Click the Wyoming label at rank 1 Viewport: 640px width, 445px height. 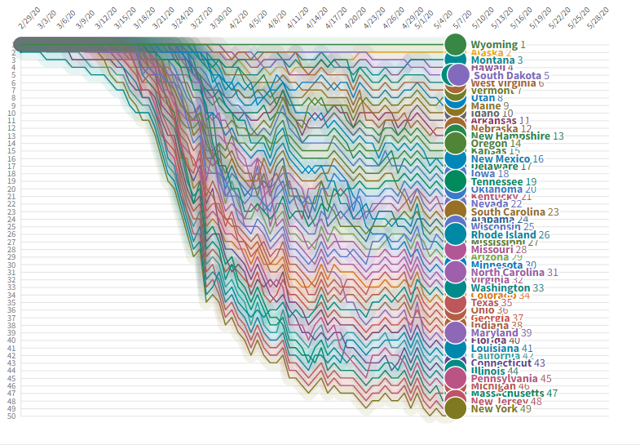494,45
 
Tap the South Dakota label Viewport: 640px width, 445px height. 507,75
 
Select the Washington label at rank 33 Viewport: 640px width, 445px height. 500,287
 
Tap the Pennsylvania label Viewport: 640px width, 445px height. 504,379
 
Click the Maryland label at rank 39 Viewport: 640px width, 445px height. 495,333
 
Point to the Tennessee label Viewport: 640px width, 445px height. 497,181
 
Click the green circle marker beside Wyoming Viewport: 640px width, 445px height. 455,45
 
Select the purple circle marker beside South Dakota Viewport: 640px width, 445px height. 459,75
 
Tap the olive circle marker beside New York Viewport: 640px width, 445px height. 455,409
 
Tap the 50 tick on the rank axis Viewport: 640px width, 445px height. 11,416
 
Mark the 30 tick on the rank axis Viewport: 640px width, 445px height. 11,265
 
